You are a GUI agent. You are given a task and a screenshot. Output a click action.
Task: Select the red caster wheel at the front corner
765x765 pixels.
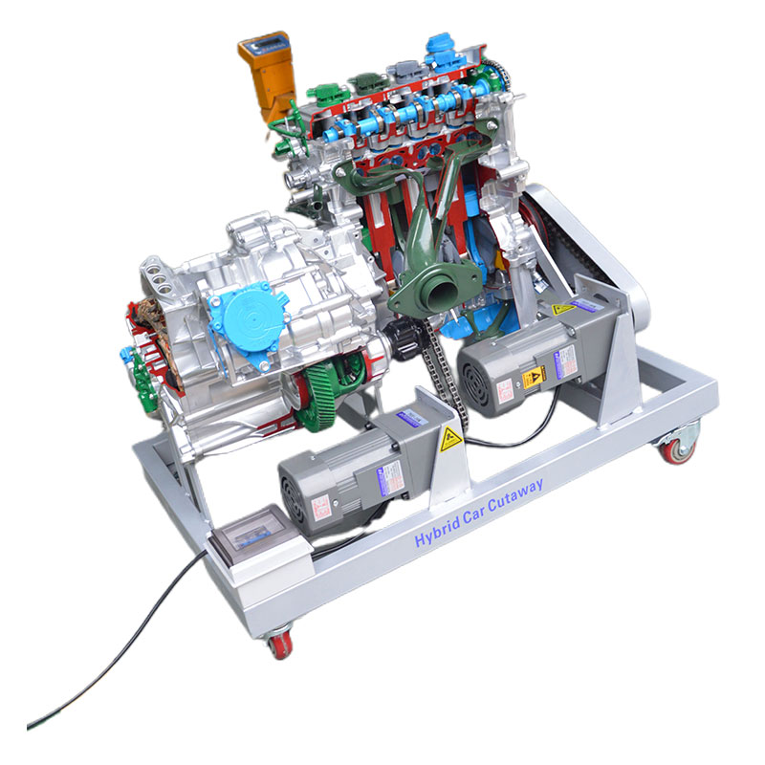pos(280,644)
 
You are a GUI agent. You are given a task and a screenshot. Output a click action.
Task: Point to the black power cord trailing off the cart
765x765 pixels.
pos(124,650)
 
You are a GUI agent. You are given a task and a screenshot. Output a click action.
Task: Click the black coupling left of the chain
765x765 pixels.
pos(398,338)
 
